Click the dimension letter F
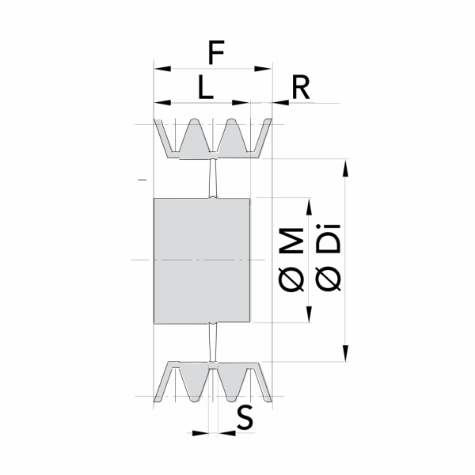click(x=216, y=52)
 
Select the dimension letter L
click(x=206, y=87)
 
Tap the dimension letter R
click(x=301, y=87)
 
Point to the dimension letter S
click(x=245, y=418)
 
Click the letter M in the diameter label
click(x=291, y=241)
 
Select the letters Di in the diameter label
click(x=329, y=239)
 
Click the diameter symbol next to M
click(x=291, y=279)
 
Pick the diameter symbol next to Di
click(x=329, y=279)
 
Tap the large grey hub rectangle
click(x=202, y=260)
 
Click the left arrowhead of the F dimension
click(x=162, y=69)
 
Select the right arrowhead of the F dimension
click(x=262, y=69)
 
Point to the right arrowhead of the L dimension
click(x=241, y=103)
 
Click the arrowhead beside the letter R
click(x=281, y=103)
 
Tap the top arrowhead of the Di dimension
click(x=345, y=168)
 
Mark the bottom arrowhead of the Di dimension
click(x=345, y=352)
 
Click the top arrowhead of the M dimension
click(x=309, y=207)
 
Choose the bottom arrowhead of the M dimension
click(x=309, y=314)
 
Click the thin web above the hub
click(x=213, y=178)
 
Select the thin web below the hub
click(x=213, y=342)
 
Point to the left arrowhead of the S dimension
click(x=200, y=433)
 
